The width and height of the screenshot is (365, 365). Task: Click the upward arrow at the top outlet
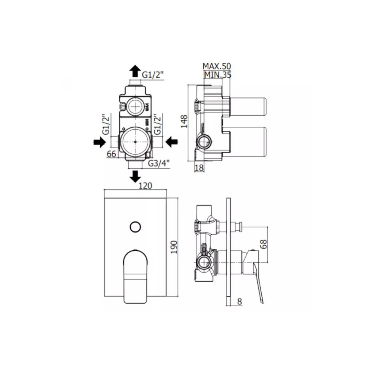tap(135, 71)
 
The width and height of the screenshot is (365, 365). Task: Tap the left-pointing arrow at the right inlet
tap(172, 142)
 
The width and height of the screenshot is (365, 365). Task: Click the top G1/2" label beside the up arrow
tap(153, 75)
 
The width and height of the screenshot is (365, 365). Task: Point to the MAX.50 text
tap(217, 66)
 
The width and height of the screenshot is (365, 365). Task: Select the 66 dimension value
tap(111, 154)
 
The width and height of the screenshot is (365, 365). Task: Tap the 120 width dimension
tap(145, 186)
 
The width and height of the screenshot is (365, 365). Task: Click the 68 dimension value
tap(264, 244)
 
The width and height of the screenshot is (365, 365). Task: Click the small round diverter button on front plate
tap(135, 227)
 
